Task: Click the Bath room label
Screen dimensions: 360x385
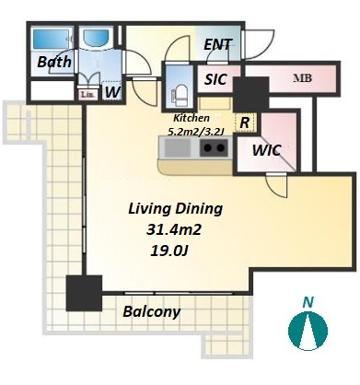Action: pyautogui.click(x=54, y=62)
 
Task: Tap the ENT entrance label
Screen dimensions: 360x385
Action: pyautogui.click(x=218, y=45)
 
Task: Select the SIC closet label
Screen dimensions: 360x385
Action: pyautogui.click(x=215, y=79)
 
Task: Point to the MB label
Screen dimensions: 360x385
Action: pyautogui.click(x=302, y=78)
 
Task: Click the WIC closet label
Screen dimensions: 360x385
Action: pyautogui.click(x=266, y=150)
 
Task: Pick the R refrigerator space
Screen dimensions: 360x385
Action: pyautogui.click(x=245, y=122)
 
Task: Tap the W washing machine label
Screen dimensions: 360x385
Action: pyautogui.click(x=112, y=92)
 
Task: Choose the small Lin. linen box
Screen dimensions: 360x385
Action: pyautogui.click(x=87, y=95)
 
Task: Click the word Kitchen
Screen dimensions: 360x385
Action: pyautogui.click(x=192, y=118)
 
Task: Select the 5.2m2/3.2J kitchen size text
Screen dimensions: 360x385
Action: pyautogui.click(x=196, y=132)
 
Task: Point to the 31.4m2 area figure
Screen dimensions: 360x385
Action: pyautogui.click(x=174, y=229)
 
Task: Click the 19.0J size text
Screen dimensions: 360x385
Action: pyautogui.click(x=168, y=251)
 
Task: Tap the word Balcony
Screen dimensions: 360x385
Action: pyautogui.click(x=151, y=311)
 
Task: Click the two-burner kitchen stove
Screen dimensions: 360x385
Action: pyautogui.click(x=215, y=148)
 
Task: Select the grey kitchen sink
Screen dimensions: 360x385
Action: pyautogui.click(x=178, y=148)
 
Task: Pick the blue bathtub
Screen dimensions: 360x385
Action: pyautogui.click(x=52, y=39)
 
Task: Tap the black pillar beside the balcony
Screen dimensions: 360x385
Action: pyautogui.click(x=84, y=293)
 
